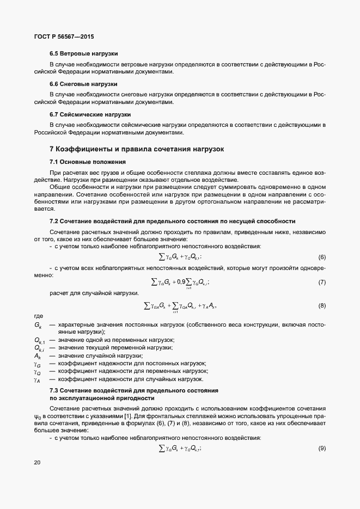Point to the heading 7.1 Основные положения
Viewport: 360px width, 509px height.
coord(87,162)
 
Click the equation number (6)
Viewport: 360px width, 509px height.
coord(322,257)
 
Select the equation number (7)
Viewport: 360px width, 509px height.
coord(322,282)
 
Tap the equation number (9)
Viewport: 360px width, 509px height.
coord(322,448)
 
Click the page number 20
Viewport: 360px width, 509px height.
coord(37,463)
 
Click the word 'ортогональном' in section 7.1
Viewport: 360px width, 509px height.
coord(226,201)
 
